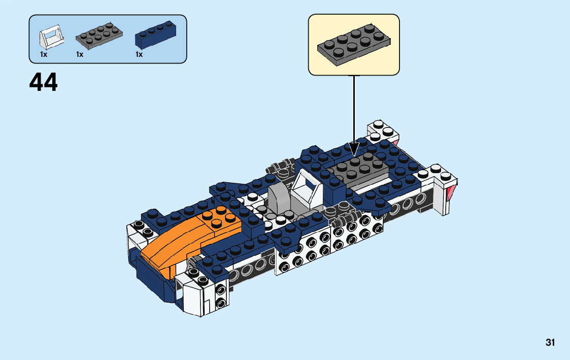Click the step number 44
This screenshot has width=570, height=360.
(x=43, y=82)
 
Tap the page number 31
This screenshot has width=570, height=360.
(x=550, y=343)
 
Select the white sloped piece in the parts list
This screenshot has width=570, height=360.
(x=51, y=37)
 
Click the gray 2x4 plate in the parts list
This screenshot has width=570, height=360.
(x=99, y=36)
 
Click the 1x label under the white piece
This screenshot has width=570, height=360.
(x=44, y=54)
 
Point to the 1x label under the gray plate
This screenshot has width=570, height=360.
(x=80, y=54)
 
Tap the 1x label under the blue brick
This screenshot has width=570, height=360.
(x=139, y=54)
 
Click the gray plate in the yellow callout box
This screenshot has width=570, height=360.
(x=354, y=45)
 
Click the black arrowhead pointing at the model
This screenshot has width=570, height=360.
(x=354, y=149)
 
